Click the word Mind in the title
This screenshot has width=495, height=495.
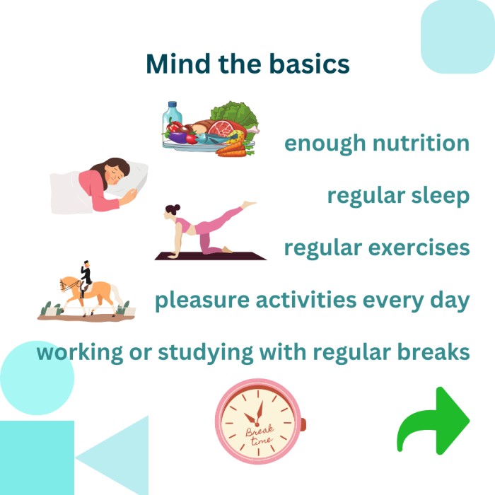click(x=178, y=64)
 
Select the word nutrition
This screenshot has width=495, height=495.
click(x=421, y=143)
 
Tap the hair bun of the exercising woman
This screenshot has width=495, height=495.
click(x=177, y=207)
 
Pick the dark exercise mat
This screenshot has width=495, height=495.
click(x=211, y=256)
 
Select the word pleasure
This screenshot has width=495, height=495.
click(x=202, y=301)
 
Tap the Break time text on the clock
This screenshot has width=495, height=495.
click(x=260, y=435)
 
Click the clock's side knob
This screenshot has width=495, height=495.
click(x=303, y=424)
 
